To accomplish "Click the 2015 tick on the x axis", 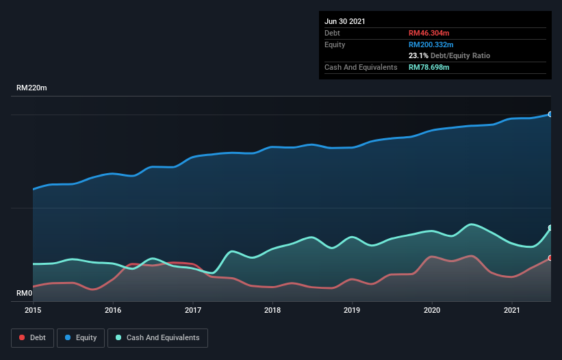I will click(x=33, y=310).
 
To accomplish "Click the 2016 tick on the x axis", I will click(x=113, y=310).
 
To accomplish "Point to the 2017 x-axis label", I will click(x=193, y=310).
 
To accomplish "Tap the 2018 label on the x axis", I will click(x=272, y=310).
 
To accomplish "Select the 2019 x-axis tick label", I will click(x=353, y=310).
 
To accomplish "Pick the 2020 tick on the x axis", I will click(x=432, y=310).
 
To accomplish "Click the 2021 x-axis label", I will click(x=512, y=310).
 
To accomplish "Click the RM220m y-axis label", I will click(x=32, y=88).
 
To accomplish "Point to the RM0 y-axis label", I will click(x=25, y=294).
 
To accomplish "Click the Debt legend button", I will click(x=32, y=337).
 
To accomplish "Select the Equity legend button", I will click(x=81, y=337).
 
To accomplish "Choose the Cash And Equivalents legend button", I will click(x=157, y=337).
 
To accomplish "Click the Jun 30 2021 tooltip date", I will click(x=345, y=21).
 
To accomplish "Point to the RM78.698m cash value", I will click(x=429, y=67).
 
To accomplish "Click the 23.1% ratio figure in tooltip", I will click(x=418, y=55).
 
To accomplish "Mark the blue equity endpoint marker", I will click(x=550, y=114).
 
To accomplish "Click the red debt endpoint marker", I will click(x=550, y=258).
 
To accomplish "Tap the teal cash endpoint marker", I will click(x=550, y=228).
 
